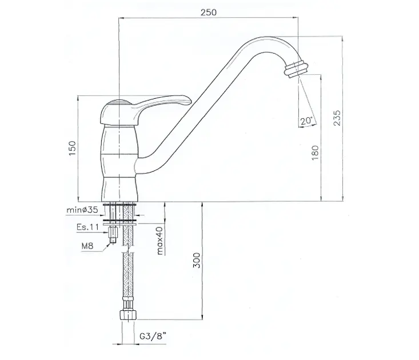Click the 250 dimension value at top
point(209,12)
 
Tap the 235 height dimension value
point(337,118)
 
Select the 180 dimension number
point(316,153)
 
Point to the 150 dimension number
point(73,148)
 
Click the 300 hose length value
point(197,260)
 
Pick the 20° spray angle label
point(306,121)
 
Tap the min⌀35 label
point(82,210)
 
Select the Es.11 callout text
point(87,227)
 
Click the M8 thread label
point(87,246)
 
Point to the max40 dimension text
point(160,241)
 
